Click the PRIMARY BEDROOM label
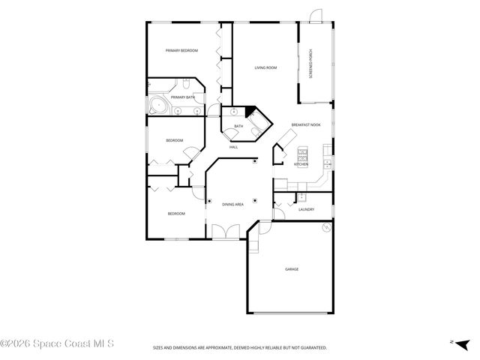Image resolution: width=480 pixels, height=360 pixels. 181,50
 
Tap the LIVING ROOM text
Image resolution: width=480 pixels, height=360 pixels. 265,68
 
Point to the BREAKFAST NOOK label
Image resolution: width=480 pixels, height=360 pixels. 306,124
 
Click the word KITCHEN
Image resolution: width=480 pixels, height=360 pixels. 301,164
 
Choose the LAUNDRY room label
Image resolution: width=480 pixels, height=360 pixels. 306,210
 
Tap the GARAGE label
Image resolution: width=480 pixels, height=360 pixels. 291,268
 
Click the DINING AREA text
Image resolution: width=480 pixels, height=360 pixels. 232,204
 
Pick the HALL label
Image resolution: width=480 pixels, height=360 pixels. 233,146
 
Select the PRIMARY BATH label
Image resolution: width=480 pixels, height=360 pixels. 183,97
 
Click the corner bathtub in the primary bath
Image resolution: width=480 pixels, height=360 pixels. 157,104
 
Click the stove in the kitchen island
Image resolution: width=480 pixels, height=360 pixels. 303,154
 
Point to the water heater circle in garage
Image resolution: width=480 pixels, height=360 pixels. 325,228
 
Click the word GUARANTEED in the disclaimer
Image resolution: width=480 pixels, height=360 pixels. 313,347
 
